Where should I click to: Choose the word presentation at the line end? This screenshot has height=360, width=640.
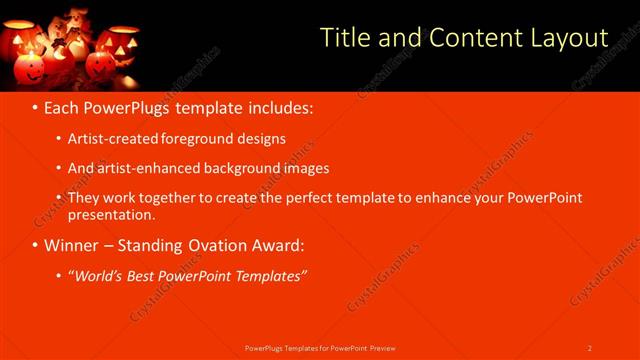111,214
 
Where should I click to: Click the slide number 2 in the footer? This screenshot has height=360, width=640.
590,348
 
